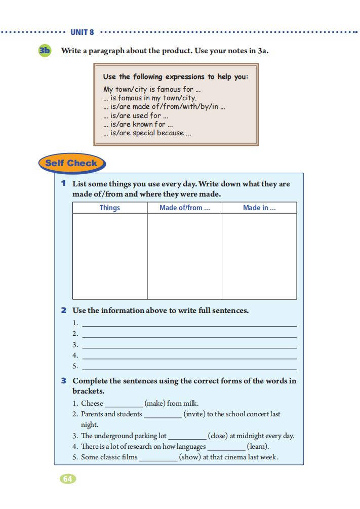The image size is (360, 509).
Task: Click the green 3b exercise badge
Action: pyautogui.click(x=45, y=51)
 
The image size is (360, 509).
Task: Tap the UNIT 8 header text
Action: pyautogui.click(x=82, y=32)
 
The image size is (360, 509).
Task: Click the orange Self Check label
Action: pyautogui.click(x=71, y=163)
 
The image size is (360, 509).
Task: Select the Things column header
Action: pyautogui.click(x=110, y=208)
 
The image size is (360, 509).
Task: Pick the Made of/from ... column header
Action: pyautogui.click(x=184, y=208)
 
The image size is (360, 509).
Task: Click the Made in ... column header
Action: pyautogui.click(x=259, y=208)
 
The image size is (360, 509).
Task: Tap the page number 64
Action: pyautogui.click(x=68, y=479)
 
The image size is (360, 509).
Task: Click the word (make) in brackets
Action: pyautogui.click(x=155, y=404)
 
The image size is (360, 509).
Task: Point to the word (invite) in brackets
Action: pyautogui.click(x=194, y=414)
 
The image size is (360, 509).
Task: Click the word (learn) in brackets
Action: pyautogui.click(x=258, y=447)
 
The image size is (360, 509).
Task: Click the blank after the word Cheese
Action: pyautogui.click(x=124, y=405)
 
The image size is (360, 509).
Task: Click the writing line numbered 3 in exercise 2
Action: pyautogui.click(x=189, y=345)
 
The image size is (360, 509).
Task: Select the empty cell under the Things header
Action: pyautogui.click(x=110, y=256)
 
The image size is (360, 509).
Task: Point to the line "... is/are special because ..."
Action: pyautogui.click(x=147, y=133)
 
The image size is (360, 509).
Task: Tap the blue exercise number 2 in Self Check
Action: pyautogui.click(x=64, y=310)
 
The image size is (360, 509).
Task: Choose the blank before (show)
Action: pyautogui.click(x=158, y=458)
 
